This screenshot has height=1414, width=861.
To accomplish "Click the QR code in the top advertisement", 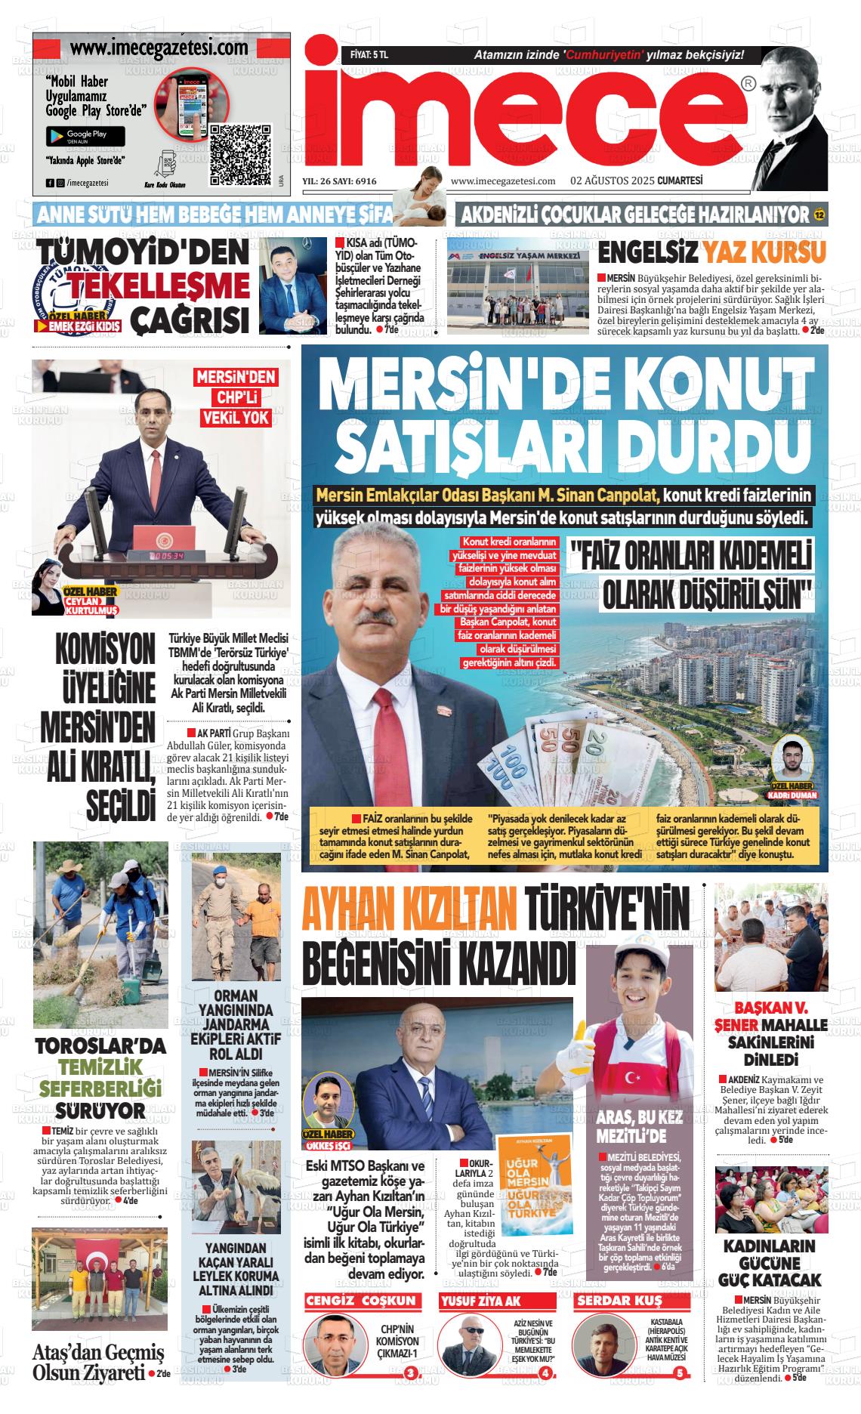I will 239,154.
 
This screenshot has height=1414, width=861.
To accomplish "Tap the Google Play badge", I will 85,136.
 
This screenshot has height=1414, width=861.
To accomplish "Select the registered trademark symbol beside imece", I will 747,84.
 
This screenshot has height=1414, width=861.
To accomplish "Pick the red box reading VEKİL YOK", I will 236,418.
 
